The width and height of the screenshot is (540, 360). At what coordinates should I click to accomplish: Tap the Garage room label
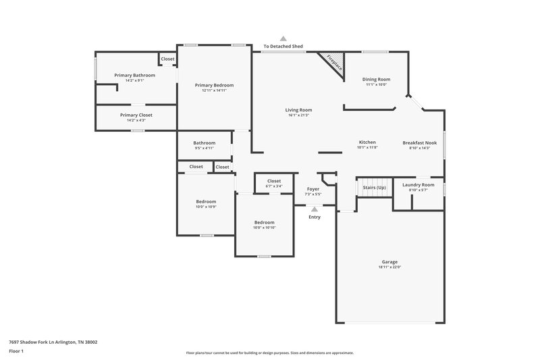click(390, 261)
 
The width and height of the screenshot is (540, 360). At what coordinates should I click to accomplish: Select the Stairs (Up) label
click(374, 186)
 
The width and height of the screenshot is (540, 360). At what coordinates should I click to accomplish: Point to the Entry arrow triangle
click(314, 209)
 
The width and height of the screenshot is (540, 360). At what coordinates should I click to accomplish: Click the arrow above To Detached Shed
click(283, 39)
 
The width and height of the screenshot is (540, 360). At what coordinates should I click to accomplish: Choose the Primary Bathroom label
click(134, 75)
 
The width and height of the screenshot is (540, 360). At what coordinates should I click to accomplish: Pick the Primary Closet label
click(136, 115)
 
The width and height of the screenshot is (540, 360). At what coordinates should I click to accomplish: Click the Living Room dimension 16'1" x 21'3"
click(298, 115)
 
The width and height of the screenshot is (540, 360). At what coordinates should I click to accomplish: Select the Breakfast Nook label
click(420, 143)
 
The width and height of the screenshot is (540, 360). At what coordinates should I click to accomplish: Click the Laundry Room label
click(418, 184)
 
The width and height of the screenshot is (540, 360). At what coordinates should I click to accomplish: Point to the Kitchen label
click(367, 143)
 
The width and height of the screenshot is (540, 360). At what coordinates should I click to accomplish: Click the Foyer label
click(313, 189)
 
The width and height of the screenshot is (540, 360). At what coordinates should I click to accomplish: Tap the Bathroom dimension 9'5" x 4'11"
click(204, 147)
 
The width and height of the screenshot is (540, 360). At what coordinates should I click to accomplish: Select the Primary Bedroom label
click(214, 85)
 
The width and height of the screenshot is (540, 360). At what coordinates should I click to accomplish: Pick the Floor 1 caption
click(16, 352)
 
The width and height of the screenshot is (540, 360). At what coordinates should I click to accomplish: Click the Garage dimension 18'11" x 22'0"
click(390, 267)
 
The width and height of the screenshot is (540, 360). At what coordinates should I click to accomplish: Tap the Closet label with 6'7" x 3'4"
click(274, 181)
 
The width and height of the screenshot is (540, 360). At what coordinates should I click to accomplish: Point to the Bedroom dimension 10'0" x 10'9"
click(206, 207)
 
